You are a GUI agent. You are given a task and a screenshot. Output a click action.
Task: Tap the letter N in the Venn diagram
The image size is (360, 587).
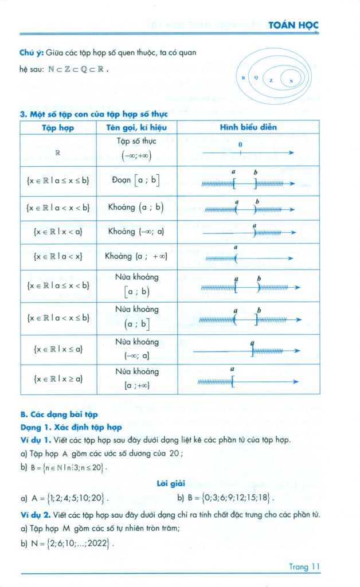pyautogui.click(x=291, y=81)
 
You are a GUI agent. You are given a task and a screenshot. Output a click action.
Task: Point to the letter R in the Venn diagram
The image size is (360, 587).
pyautogui.click(x=243, y=77)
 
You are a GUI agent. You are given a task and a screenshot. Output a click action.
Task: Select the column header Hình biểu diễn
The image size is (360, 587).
pyautogui.click(x=248, y=127)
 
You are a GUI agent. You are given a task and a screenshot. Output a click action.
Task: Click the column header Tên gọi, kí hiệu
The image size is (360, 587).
pyautogui.click(x=136, y=127)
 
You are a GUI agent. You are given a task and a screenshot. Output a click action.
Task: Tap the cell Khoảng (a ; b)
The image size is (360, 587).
pyautogui.click(x=136, y=208)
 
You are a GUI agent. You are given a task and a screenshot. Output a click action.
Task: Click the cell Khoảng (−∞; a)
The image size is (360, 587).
pyautogui.click(x=136, y=232)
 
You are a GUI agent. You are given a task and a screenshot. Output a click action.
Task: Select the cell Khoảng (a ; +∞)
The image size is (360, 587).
pyautogui.click(x=136, y=256)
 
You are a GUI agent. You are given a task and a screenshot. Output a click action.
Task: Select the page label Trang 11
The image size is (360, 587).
pyautogui.click(x=304, y=567)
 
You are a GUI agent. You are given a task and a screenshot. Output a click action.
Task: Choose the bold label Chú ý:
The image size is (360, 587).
pyautogui.click(x=32, y=53)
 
